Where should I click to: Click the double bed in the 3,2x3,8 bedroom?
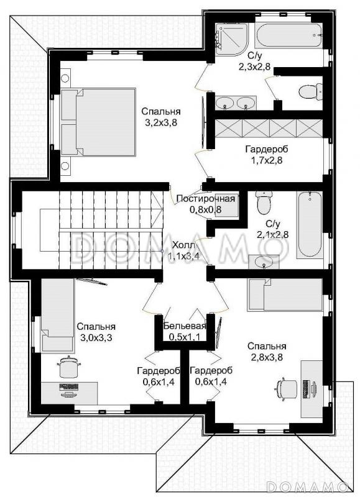[x=98, y=122]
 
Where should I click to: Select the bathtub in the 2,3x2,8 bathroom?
[x=288, y=35]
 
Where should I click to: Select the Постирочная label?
[x=206, y=199]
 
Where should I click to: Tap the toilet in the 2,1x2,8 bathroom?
[x=264, y=203]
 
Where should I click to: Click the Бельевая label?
[x=185, y=326]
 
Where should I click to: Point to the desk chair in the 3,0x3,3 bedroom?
[x=68, y=367]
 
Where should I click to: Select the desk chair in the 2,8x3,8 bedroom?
[x=286, y=388]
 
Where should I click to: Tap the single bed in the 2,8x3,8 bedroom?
[x=285, y=294]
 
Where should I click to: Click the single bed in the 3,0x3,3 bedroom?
[x=58, y=316]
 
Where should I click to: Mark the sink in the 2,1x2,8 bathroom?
[x=263, y=262]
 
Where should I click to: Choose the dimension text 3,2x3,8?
[x=161, y=122]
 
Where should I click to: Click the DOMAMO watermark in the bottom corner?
[x=307, y=486]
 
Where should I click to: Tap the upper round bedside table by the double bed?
[x=65, y=78]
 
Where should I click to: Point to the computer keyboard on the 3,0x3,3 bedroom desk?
[x=68, y=386]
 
